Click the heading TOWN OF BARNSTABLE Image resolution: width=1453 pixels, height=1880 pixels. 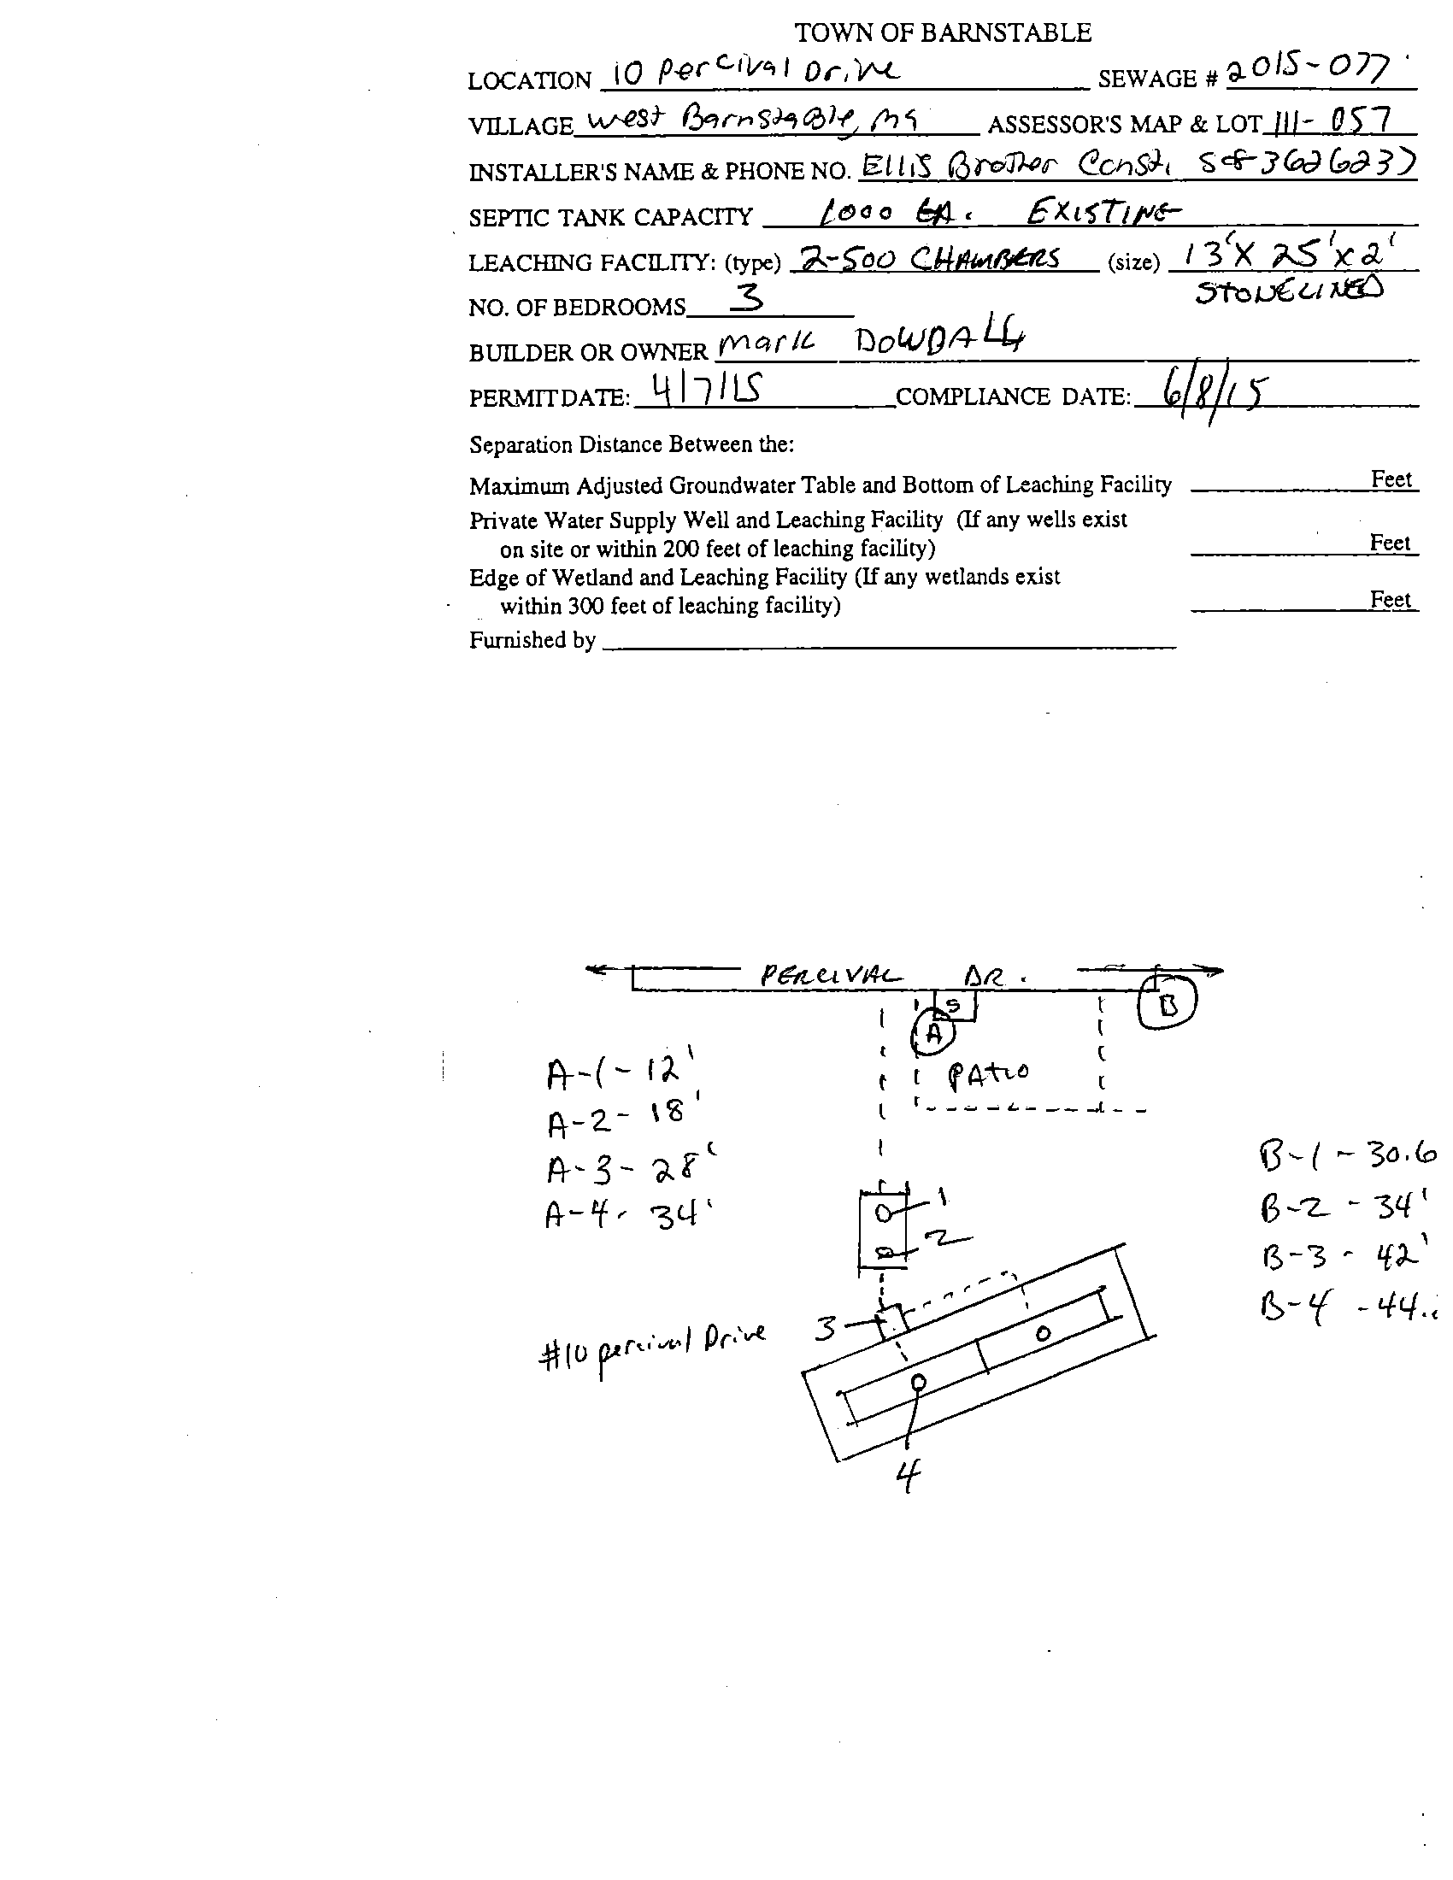pos(943,32)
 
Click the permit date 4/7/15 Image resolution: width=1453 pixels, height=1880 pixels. pos(704,391)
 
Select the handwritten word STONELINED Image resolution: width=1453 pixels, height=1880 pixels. pos(1289,291)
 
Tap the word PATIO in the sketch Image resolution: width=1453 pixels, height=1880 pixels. pos(987,1073)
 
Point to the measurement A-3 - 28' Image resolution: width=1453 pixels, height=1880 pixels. pos(631,1168)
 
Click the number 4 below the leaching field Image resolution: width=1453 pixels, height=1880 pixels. pos(907,1478)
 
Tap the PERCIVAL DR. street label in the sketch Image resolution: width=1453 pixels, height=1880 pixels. pos(891,976)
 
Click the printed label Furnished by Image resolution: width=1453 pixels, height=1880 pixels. pos(532,639)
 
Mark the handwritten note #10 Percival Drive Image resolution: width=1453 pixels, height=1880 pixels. pos(651,1347)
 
